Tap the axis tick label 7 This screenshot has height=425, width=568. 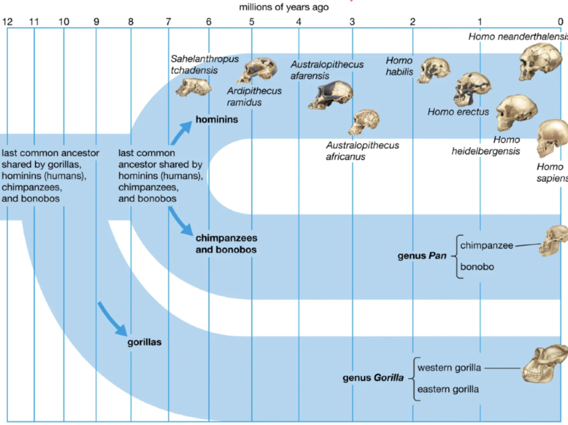pos(168,21)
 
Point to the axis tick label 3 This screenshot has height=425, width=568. pos(352,21)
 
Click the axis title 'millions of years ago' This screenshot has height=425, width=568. pos(284,7)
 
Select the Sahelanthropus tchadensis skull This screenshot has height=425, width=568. pos(194,86)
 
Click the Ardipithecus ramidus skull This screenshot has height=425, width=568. pos(257,71)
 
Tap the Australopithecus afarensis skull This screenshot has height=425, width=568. pos(331,95)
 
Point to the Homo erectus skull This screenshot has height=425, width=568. pos(472,88)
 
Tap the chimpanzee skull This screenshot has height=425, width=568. pos(552,240)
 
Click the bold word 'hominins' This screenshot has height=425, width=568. pos(217,119)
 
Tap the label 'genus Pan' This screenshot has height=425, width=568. pos(422,255)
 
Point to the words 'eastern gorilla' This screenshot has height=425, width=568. pos(448,389)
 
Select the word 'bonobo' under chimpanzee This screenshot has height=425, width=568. pos(477,267)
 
